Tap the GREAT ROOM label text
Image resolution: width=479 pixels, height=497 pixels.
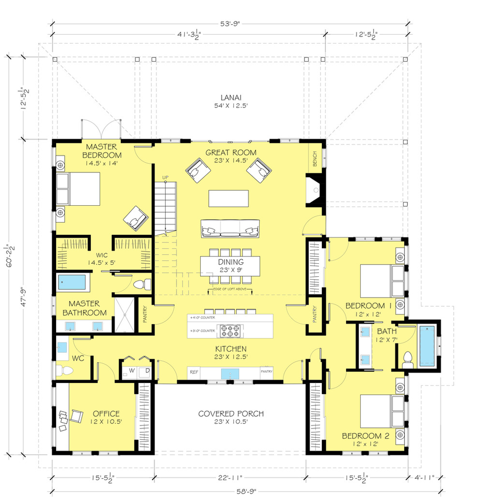(231, 153)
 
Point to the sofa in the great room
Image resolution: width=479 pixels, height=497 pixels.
(231, 228)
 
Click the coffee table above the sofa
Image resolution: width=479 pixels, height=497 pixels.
(229, 198)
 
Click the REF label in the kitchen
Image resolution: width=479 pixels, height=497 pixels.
(194, 371)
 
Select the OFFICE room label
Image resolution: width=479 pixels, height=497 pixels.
(106, 413)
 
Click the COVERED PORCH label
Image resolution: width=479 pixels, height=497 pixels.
(231, 414)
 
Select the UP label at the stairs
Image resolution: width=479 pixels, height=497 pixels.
(165, 177)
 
